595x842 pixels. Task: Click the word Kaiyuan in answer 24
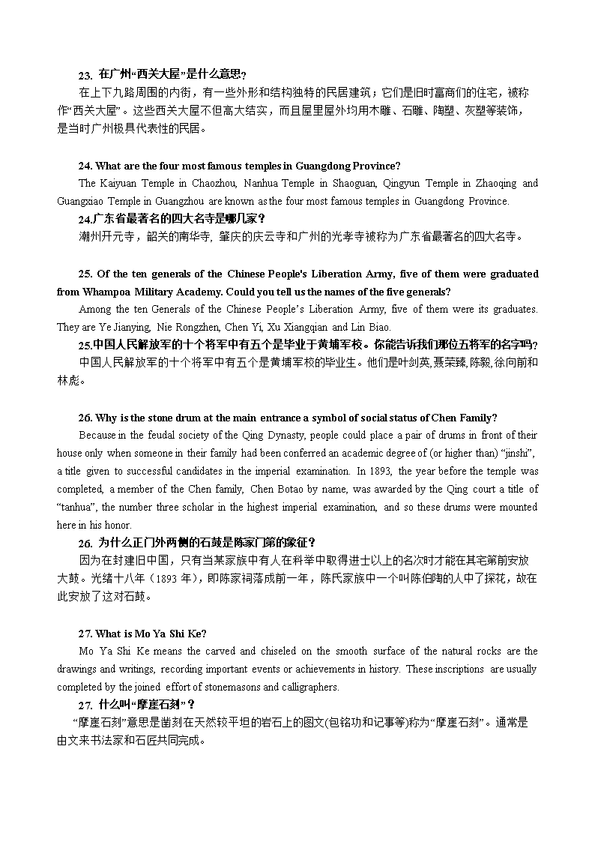[x=116, y=183]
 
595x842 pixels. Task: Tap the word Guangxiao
[x=81, y=201]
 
